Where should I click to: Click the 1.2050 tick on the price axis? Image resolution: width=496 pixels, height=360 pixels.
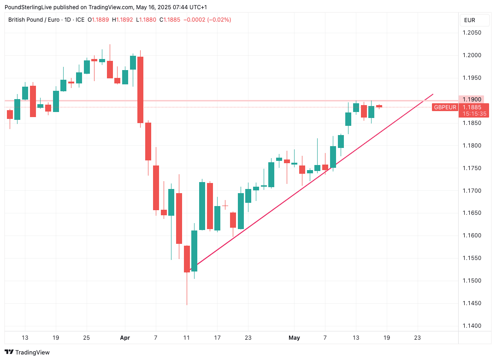click(x=472, y=33)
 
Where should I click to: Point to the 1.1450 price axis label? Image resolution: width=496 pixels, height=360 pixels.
click(x=472, y=303)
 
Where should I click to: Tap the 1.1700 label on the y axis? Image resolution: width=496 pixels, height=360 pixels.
click(x=472, y=190)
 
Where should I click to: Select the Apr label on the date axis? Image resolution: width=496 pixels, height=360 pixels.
click(x=125, y=338)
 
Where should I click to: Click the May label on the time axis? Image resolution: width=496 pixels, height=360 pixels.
click(x=294, y=338)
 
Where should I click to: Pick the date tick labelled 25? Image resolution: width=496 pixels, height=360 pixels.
click(x=86, y=338)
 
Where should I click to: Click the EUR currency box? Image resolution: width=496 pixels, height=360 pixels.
click(x=470, y=20)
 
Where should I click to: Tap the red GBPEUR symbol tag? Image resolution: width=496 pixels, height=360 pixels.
click(x=445, y=107)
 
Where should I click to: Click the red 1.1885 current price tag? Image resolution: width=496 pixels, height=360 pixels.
click(x=472, y=107)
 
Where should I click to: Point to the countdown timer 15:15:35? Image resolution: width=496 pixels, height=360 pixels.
click(x=472, y=113)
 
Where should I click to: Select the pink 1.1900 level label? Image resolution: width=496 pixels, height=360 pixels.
click(x=472, y=100)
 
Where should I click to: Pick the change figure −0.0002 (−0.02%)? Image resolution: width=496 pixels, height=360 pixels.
click(x=207, y=20)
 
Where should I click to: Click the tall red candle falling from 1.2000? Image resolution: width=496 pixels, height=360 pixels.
click(x=141, y=89)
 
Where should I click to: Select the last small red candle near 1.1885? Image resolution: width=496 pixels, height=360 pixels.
click(x=379, y=106)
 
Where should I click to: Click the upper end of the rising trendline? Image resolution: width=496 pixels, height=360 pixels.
click(x=432, y=94)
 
